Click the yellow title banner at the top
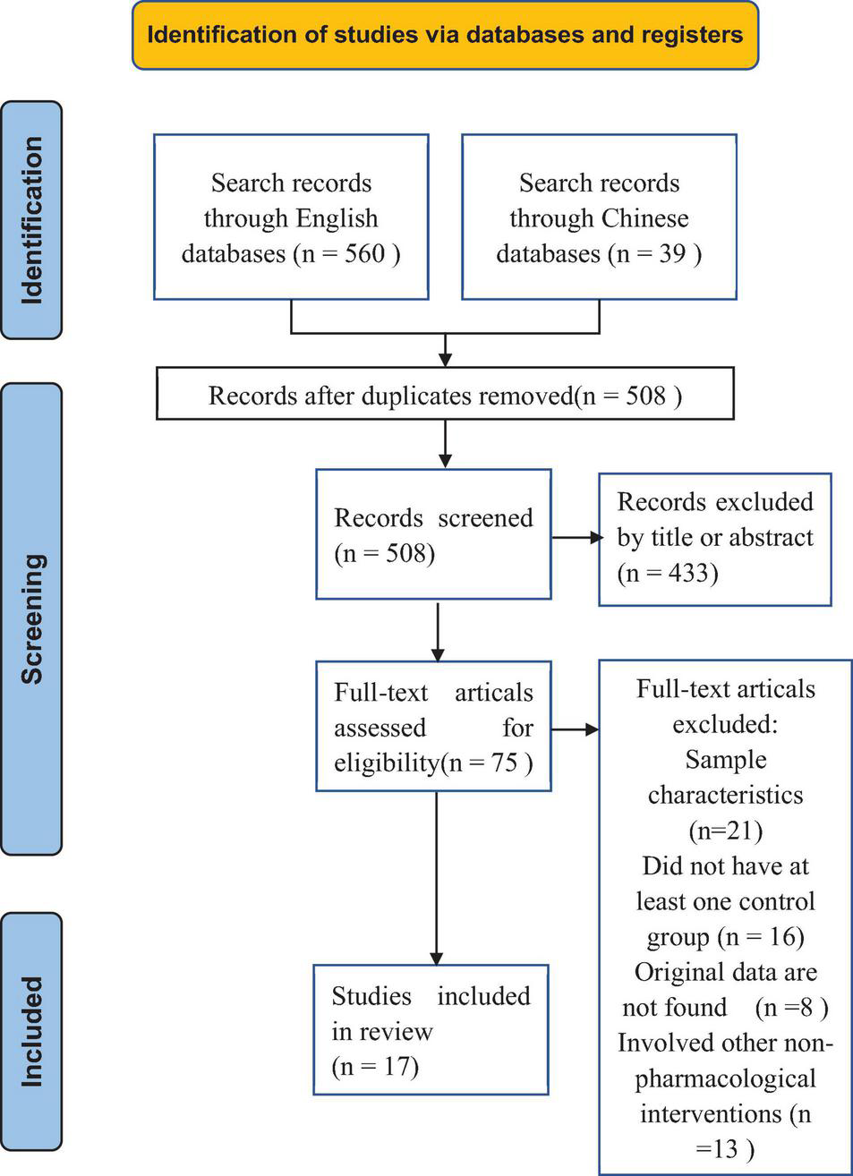coord(445,36)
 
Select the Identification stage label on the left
coord(31,220)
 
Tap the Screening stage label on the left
coord(31,618)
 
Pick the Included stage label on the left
coord(31,1031)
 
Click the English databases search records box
coord(291,217)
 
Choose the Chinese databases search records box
coord(599,217)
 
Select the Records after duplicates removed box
coord(445,395)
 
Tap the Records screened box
coord(433,534)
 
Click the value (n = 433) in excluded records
coord(668,573)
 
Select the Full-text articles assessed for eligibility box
coord(433,727)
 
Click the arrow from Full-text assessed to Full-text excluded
coord(576,729)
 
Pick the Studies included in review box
coord(431,1030)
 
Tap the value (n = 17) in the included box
coord(375,1067)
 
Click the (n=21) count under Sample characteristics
coord(725,831)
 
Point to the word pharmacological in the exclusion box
coord(725,1078)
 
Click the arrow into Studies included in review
coord(437,877)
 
